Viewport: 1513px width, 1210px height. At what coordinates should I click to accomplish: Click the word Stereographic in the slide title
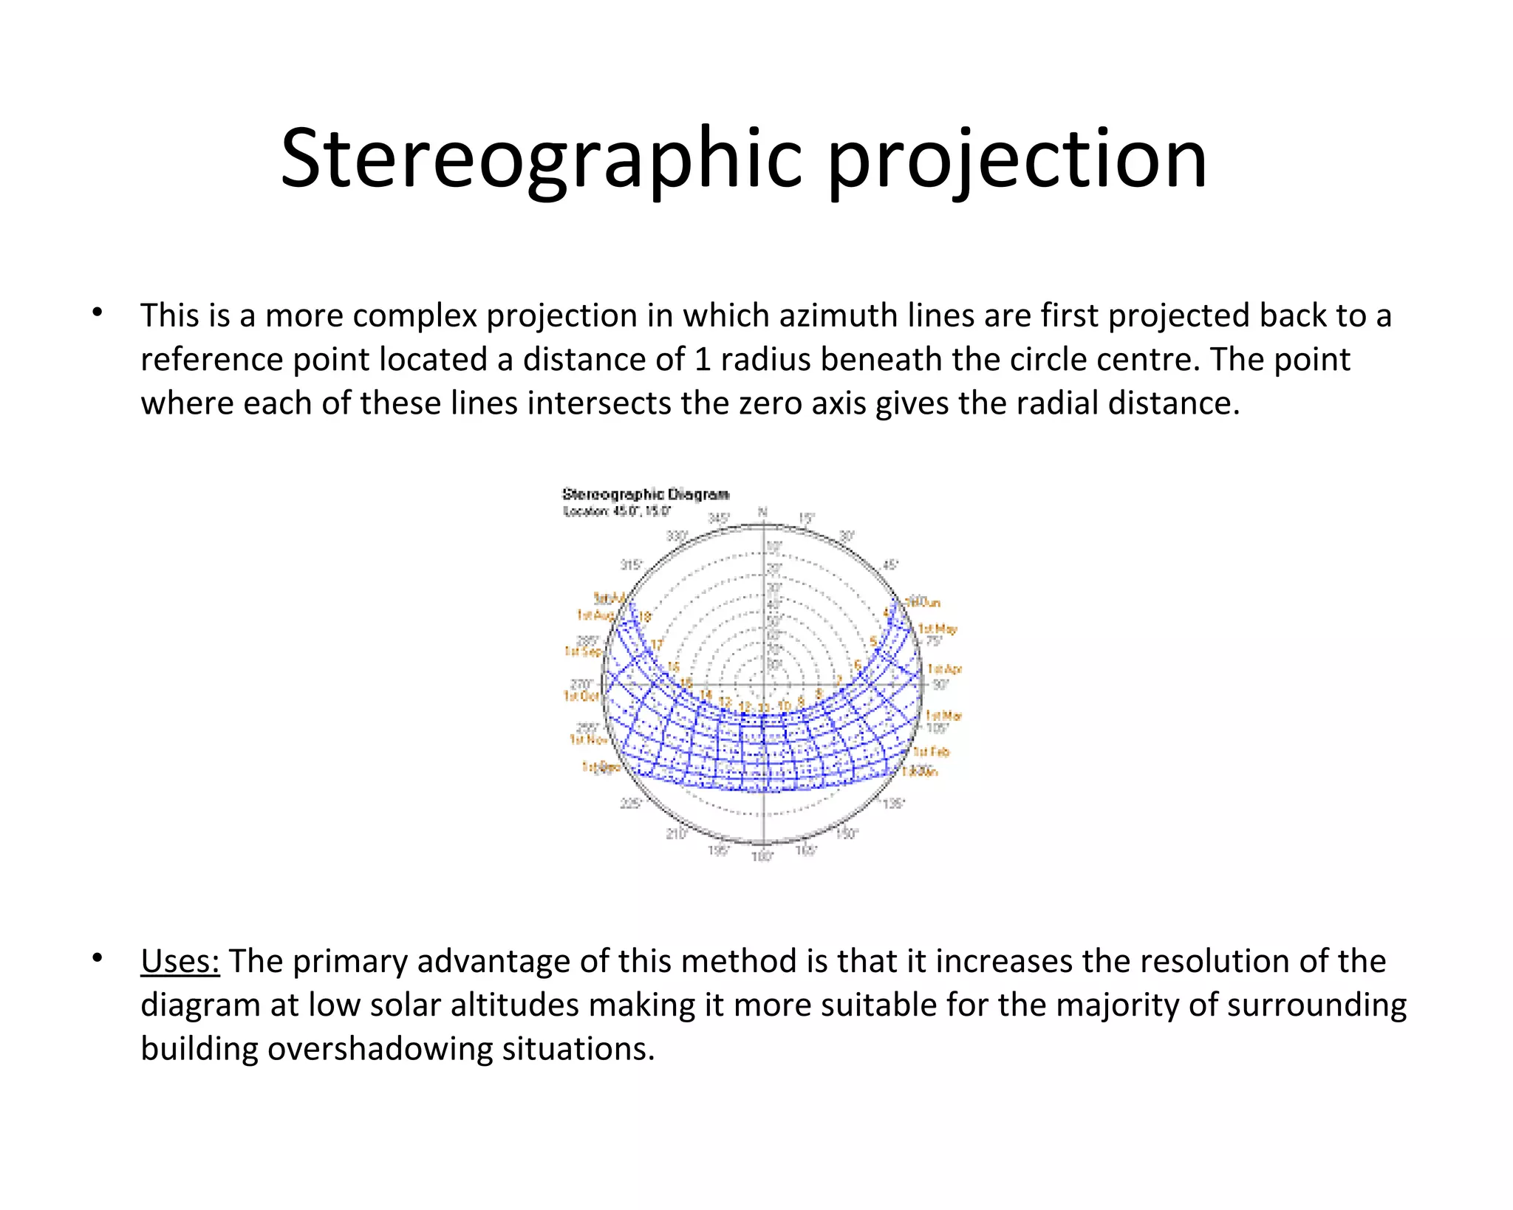[541, 160]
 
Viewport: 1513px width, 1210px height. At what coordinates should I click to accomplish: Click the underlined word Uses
[180, 961]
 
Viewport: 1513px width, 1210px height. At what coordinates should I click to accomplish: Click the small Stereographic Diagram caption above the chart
[645, 494]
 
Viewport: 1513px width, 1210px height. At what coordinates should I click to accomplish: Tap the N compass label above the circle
[763, 512]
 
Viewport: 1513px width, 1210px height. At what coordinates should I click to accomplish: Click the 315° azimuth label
[630, 565]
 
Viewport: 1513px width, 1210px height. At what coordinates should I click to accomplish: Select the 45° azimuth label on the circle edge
[891, 565]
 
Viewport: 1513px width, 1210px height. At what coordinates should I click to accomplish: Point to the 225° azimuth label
[629, 804]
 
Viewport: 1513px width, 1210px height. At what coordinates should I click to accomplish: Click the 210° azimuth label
[676, 834]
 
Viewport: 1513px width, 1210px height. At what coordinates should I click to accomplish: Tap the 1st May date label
[937, 629]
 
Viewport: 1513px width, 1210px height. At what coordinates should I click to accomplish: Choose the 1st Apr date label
[945, 669]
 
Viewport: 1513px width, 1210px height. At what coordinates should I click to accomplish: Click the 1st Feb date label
[932, 752]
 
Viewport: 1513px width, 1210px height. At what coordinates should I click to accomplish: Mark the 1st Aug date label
[595, 615]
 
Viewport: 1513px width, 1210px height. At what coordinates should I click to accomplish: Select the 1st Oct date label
[581, 696]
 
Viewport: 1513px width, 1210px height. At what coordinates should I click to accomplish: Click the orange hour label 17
[657, 645]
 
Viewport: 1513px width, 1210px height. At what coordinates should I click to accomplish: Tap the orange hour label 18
[644, 617]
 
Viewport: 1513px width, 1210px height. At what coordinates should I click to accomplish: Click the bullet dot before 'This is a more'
[97, 312]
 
